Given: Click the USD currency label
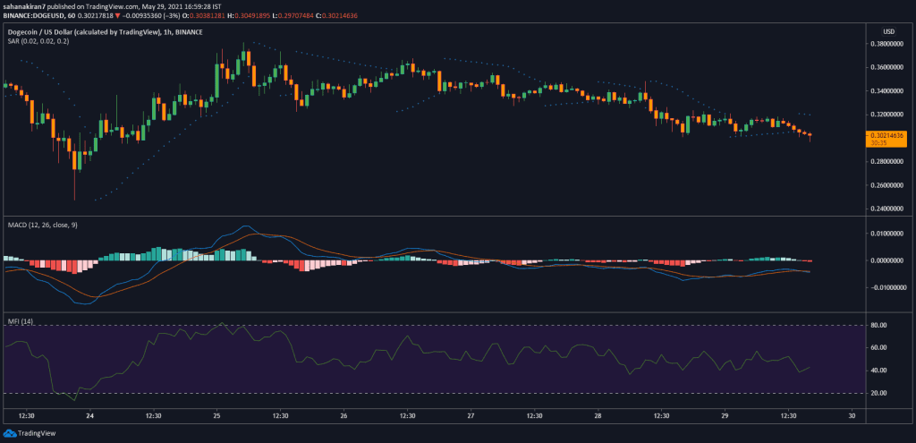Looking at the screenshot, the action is (889, 31).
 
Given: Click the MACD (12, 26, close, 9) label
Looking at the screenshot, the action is (42, 225).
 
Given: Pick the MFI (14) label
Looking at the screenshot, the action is (20, 321).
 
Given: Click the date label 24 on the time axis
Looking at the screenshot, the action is (89, 416).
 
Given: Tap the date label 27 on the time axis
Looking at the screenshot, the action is (471, 416).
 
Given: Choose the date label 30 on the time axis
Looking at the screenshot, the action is (852, 416).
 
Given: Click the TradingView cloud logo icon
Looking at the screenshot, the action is (9, 433).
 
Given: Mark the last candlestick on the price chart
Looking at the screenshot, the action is (810, 136).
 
